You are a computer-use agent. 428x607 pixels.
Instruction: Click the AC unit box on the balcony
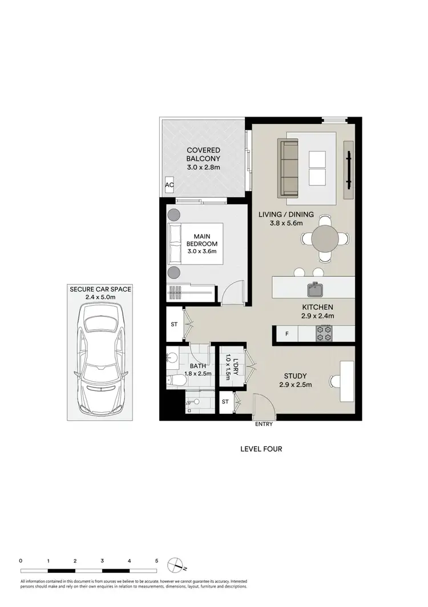pos(169,185)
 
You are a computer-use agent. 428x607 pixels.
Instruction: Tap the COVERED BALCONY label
pos(203,159)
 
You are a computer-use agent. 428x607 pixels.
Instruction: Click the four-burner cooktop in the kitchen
pos(324,334)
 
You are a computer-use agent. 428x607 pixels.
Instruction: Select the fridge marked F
pos(286,334)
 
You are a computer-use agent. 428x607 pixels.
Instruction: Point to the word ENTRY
pos(264,424)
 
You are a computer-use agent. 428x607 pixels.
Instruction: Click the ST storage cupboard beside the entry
pos(225,402)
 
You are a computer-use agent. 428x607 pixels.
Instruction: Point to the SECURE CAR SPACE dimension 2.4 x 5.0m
pos(100,297)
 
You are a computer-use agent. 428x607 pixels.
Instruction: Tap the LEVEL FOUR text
pos(261,449)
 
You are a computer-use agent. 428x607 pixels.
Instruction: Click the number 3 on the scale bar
pos(102,561)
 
